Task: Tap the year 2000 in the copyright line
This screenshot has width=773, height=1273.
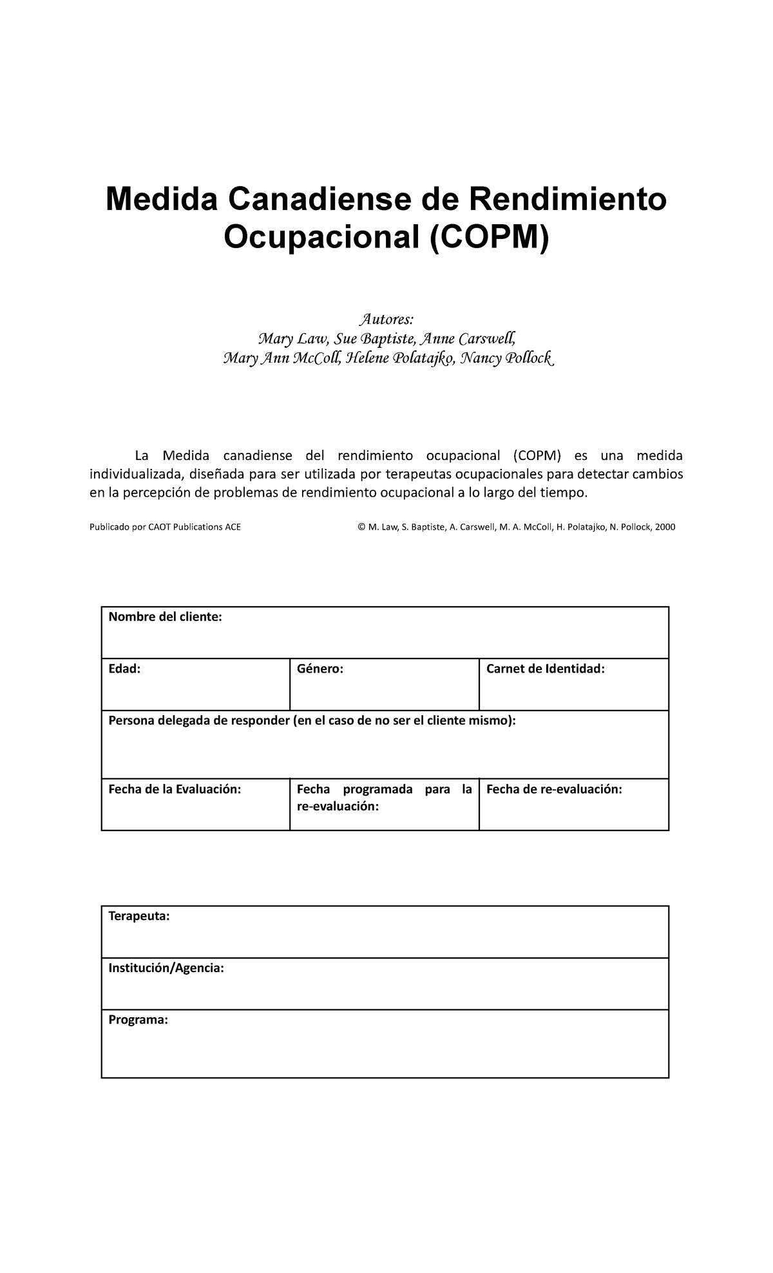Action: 665,527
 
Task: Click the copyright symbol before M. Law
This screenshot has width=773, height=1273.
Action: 361,527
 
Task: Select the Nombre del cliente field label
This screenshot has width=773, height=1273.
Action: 165,617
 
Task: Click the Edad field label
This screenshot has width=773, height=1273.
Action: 124,669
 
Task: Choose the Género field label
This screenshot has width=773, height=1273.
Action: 320,669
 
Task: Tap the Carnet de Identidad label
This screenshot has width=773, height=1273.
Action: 546,669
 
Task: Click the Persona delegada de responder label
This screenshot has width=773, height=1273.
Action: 312,720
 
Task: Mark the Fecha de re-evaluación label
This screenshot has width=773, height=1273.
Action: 554,789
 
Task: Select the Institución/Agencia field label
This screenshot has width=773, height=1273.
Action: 166,968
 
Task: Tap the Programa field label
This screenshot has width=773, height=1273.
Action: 138,1020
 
